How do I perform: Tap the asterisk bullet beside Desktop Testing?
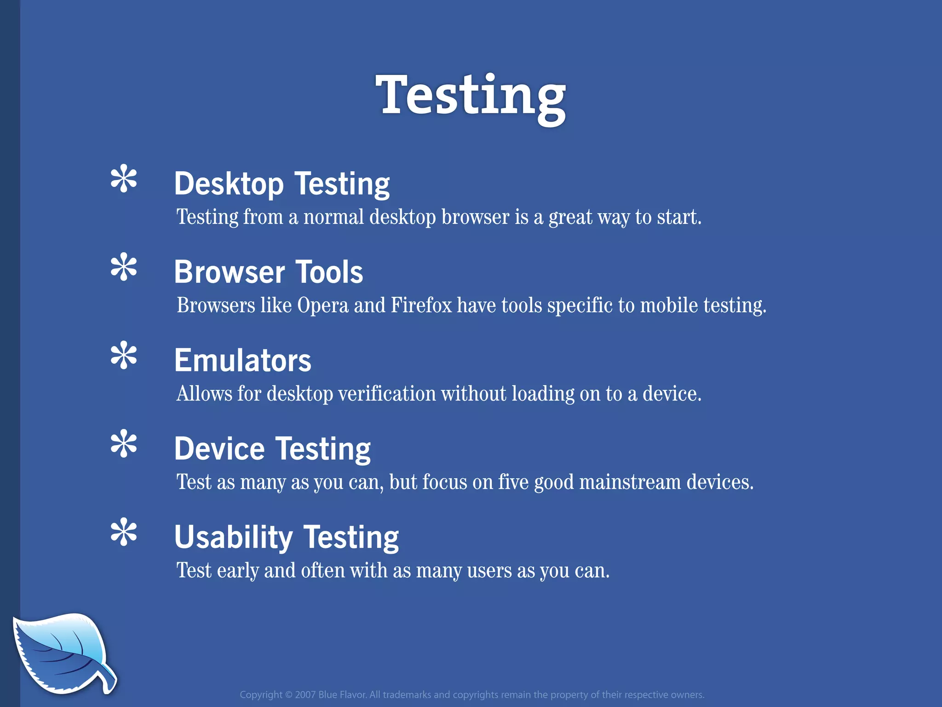(x=124, y=179)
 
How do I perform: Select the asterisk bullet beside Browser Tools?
(x=124, y=267)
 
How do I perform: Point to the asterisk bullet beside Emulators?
(x=124, y=356)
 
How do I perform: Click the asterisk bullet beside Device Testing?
(x=124, y=444)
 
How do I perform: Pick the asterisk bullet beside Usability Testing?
(x=124, y=533)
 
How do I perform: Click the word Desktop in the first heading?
(x=229, y=184)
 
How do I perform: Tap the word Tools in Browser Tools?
(x=329, y=272)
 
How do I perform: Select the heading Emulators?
(x=242, y=360)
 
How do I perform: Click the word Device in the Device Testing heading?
(x=219, y=449)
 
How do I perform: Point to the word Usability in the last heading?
(x=233, y=537)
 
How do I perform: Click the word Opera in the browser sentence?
(x=323, y=306)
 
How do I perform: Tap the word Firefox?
(x=421, y=305)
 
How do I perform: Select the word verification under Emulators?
(x=387, y=394)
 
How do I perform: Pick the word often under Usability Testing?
(x=322, y=571)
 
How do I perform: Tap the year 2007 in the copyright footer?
(x=305, y=695)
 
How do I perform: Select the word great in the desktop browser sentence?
(x=570, y=217)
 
